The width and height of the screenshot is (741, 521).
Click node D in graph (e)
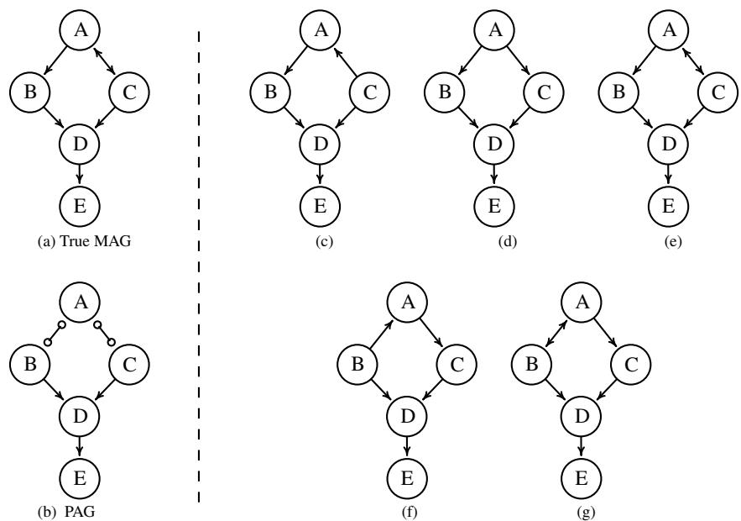click(668, 144)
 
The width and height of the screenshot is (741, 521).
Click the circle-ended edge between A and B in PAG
click(55, 334)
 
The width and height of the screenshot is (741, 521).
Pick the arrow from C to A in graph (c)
click(347, 61)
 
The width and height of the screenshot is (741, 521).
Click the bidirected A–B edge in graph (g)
click(556, 334)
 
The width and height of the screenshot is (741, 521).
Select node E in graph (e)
click(668, 203)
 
